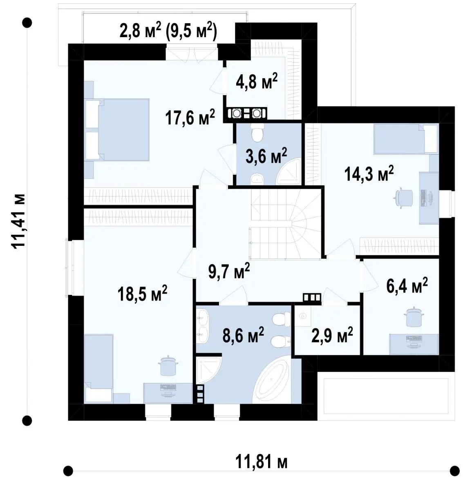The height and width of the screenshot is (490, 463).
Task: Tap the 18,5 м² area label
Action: (x=143, y=293)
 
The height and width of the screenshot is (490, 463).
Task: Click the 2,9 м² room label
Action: (x=332, y=335)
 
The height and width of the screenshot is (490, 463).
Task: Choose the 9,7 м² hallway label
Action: (x=229, y=271)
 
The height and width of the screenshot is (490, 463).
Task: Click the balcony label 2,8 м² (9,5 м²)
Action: (x=168, y=30)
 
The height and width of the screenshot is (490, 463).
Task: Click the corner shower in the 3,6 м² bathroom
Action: (x=289, y=171)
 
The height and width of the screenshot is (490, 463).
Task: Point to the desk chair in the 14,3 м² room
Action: (x=404, y=197)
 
